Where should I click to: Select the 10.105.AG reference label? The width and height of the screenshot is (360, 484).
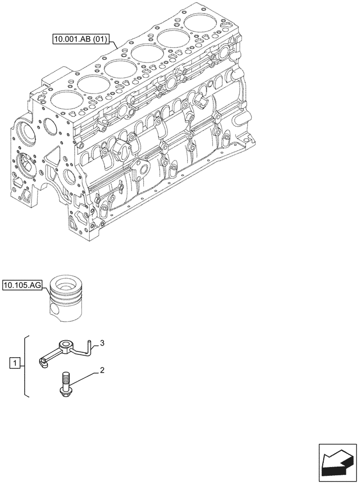click(22, 286)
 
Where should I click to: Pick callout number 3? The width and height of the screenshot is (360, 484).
click(102, 343)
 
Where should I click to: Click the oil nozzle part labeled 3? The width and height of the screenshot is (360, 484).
click(61, 351)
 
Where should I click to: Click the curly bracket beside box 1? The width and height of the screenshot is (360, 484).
click(26, 365)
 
